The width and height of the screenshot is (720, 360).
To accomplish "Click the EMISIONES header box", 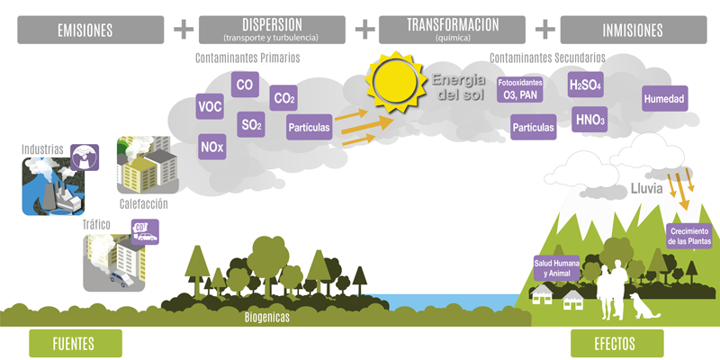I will pos(85,29).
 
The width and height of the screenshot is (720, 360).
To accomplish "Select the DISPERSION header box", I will pos(272,29).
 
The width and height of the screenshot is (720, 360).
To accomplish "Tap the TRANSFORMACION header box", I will pos(452,29).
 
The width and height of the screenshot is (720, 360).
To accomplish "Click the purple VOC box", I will pos(210,108).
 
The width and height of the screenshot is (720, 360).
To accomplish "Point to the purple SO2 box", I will pos(251,124).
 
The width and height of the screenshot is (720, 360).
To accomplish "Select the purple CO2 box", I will pos(283,98).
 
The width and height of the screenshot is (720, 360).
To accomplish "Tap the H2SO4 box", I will pos(585,85).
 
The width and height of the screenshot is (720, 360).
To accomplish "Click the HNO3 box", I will pos(590,119).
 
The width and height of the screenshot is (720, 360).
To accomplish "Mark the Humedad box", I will pos(664,98).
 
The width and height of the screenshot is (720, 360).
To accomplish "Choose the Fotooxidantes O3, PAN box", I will pos(518,89).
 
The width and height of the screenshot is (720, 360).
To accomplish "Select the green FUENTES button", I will pos(74,343).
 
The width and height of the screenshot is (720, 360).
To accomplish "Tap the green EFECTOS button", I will pos(616,343).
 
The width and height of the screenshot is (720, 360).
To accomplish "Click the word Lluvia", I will pos(646,190).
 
